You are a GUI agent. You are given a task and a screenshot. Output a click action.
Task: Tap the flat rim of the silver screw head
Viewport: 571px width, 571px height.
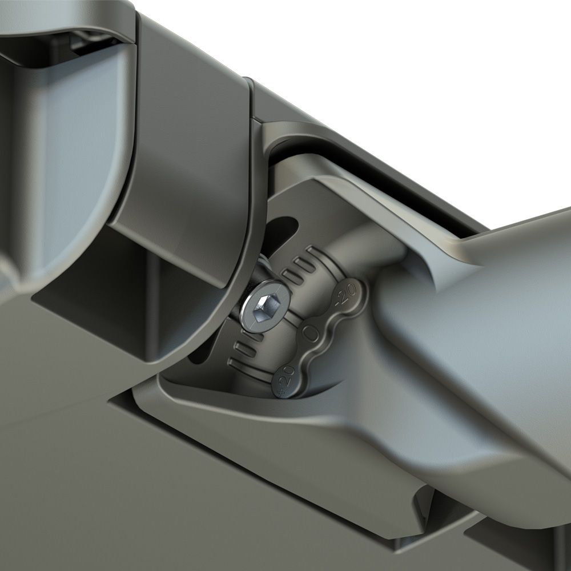pos(249,313)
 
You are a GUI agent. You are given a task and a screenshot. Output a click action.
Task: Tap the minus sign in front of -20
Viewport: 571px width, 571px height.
pos(340,303)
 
